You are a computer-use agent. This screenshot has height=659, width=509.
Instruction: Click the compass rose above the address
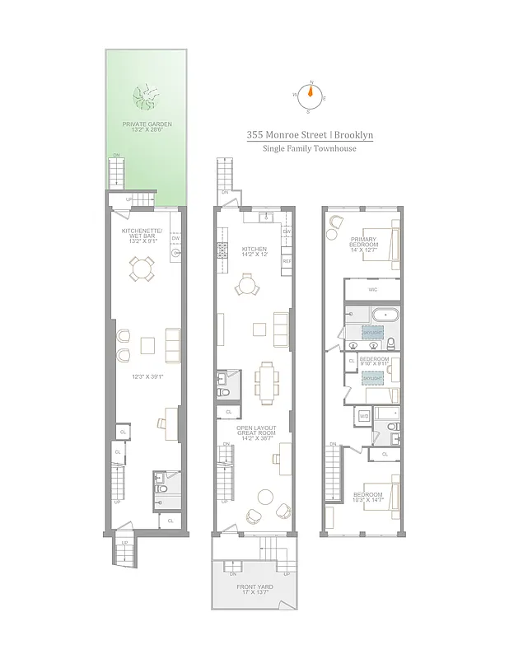point(310,95)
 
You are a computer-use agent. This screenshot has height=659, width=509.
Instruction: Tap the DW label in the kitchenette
point(175,239)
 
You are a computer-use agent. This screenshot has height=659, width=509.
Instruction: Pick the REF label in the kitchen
point(287,261)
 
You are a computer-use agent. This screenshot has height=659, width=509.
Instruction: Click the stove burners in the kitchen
point(221,250)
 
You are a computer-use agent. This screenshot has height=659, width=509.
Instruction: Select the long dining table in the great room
point(266,381)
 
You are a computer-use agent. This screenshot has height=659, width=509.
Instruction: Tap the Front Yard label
point(252,591)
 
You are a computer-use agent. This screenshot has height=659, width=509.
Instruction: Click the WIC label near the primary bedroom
point(372,289)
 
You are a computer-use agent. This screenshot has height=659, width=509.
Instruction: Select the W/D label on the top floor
point(363,416)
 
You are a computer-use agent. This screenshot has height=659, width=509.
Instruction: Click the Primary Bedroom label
point(363,243)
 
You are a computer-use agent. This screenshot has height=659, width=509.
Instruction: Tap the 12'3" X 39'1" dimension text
point(145,376)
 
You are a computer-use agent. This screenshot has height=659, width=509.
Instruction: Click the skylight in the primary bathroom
point(372,331)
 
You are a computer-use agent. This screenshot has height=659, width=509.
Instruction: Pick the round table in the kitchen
point(246,287)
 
